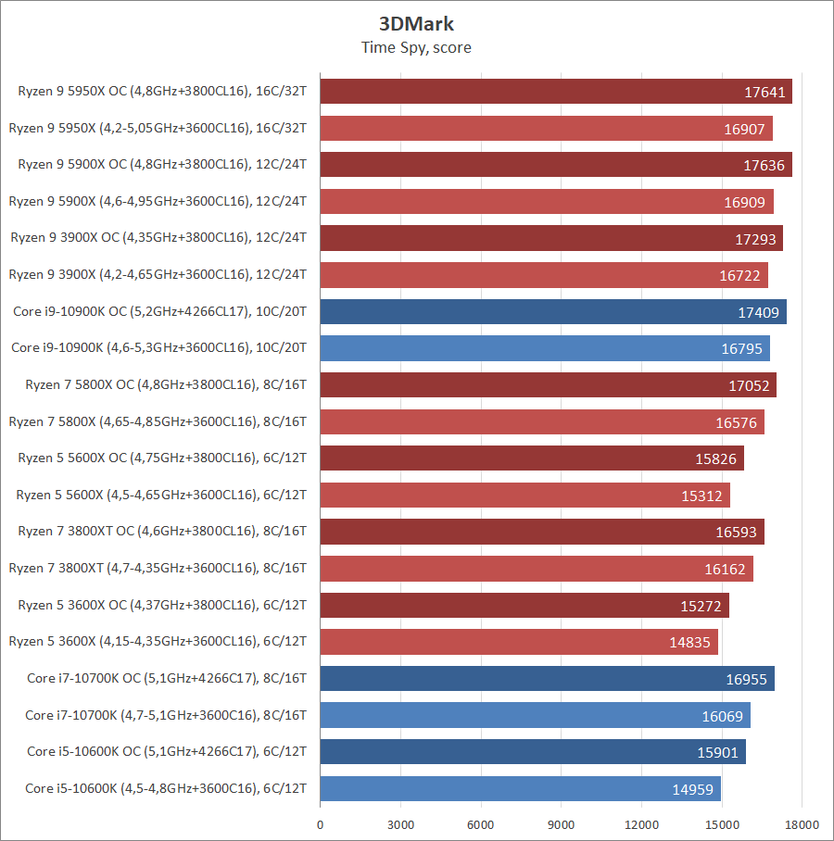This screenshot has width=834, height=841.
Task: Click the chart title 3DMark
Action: [x=416, y=24]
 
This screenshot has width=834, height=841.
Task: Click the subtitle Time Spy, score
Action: [x=416, y=47]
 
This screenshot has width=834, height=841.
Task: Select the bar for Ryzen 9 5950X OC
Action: [x=556, y=92]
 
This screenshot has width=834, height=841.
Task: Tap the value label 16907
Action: [x=744, y=129]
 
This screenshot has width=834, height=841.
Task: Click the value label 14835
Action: [x=689, y=642]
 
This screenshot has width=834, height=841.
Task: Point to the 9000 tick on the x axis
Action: [x=562, y=824]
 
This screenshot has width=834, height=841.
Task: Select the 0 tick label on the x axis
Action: [x=321, y=824]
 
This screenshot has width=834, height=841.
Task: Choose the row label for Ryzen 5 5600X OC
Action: [x=162, y=458]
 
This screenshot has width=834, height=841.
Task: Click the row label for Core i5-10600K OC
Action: [x=167, y=751]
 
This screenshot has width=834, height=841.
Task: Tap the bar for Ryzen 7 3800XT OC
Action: [x=542, y=532]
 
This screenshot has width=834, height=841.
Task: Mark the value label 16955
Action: [x=746, y=679]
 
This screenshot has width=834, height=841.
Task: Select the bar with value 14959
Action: [x=520, y=789]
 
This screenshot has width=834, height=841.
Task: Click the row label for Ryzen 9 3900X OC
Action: [x=158, y=238]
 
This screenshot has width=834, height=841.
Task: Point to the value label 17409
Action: [x=758, y=312]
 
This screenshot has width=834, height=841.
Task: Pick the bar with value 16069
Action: [x=535, y=715]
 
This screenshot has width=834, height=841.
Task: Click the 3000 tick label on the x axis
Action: [x=400, y=824]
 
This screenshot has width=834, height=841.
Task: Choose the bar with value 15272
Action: [x=524, y=606]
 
